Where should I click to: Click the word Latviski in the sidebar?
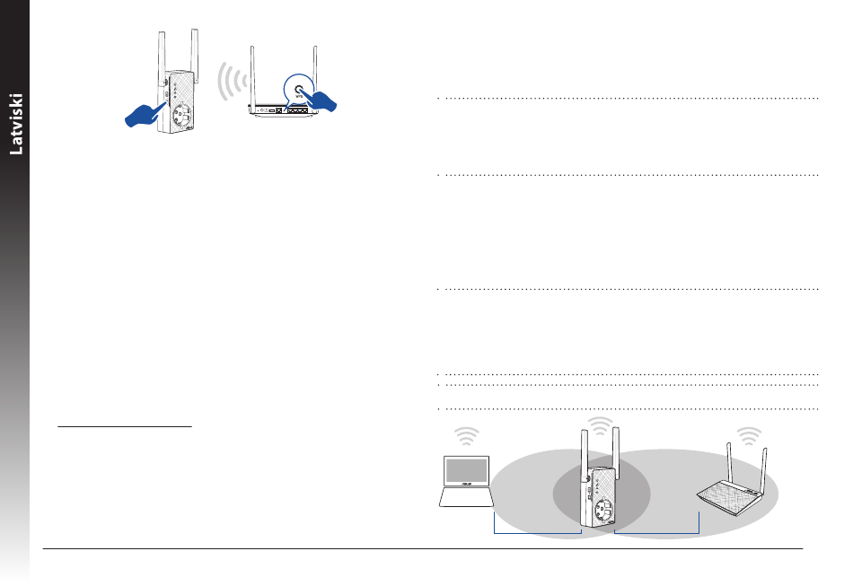tap(16, 124)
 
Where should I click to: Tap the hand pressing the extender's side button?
tap(145, 114)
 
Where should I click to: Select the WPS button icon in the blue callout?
tap(299, 90)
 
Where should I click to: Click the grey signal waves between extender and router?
tap(231, 81)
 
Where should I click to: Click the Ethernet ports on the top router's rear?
tap(297, 109)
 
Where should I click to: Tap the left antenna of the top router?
tap(252, 76)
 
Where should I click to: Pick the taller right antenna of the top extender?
tap(195, 56)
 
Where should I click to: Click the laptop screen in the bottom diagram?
tap(467, 471)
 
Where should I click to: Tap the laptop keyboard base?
tap(466, 497)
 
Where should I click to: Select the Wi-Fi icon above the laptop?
tap(466, 436)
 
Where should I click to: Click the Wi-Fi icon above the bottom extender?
tap(600, 426)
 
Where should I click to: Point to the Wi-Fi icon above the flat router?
tap(749, 436)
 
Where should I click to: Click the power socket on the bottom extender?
tap(604, 511)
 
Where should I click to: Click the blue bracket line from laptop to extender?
tap(538, 533)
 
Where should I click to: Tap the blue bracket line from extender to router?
tap(656, 533)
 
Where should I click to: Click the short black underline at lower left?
tap(125, 427)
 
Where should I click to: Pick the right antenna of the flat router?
tap(764, 469)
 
